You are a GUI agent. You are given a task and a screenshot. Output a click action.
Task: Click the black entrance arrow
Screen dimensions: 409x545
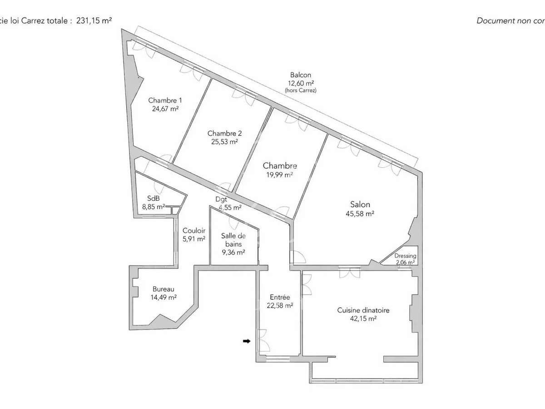pos(247,341)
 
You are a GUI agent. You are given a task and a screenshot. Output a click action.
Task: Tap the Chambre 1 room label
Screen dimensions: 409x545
pos(165,100)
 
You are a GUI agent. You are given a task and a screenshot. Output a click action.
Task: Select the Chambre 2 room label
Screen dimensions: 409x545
pos(224,133)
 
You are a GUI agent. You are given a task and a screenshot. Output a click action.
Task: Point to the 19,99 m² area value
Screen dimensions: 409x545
pos(279,175)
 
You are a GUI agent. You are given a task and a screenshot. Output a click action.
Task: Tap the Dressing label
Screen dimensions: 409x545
pos(405,256)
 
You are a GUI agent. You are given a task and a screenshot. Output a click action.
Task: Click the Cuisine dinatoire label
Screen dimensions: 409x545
pos(363,310)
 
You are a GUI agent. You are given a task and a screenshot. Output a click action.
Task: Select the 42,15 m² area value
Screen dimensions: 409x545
pos(363,319)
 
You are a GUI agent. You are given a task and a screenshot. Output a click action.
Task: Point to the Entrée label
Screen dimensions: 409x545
pos(280,297)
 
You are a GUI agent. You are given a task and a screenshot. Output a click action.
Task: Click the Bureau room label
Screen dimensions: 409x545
pos(163,289)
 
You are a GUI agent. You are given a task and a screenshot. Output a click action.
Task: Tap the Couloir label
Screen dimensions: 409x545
pos(194,230)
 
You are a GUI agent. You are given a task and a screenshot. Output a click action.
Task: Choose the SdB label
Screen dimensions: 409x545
pos(153,199)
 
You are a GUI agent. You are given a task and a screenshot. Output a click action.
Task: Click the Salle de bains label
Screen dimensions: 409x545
pos(233,239)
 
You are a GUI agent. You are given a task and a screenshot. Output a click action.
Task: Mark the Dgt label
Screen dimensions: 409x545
pos(221,199)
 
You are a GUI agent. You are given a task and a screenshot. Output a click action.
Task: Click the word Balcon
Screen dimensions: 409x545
pos(301,75)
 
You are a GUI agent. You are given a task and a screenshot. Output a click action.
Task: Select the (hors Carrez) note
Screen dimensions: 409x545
pos(301,90)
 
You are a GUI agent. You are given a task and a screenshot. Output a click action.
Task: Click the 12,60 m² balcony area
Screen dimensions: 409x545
pos(301,83)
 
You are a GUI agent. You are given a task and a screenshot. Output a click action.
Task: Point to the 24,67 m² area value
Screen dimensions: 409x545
pos(165,109)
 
